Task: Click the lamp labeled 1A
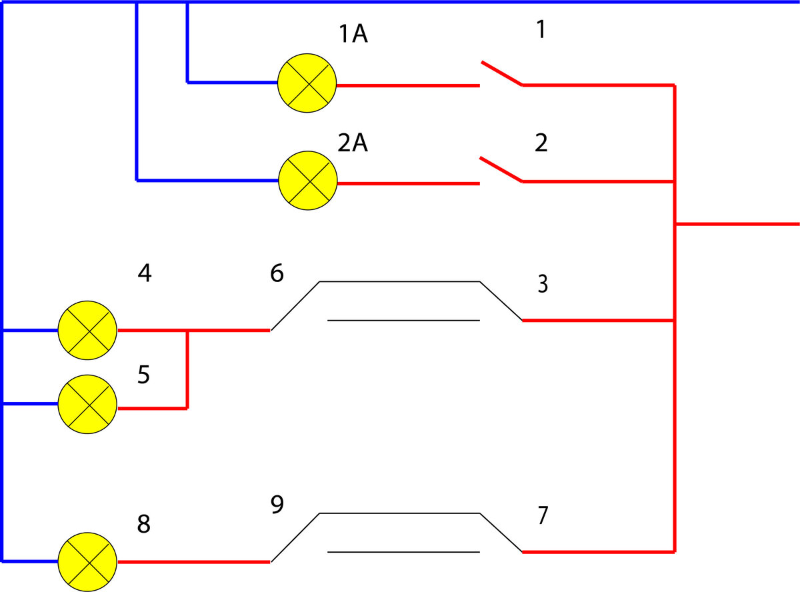tap(307, 83)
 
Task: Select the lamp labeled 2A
tap(308, 181)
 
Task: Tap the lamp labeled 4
tap(87, 330)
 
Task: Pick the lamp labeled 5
tap(87, 404)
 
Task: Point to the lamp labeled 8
tap(87, 562)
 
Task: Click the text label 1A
tap(353, 34)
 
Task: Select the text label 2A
tap(353, 143)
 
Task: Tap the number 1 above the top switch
tap(541, 29)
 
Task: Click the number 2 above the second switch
tap(541, 143)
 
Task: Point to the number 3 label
tap(543, 284)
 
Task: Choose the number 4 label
tap(145, 273)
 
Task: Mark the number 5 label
tap(143, 375)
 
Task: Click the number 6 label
tap(277, 273)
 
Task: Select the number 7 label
tap(543, 515)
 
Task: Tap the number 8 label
tap(144, 523)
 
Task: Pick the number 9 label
tap(277, 505)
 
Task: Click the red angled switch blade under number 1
tap(502, 73)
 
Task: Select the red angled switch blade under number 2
tap(501, 169)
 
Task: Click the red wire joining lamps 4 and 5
tap(187, 369)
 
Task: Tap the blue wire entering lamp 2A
tap(208, 180)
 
